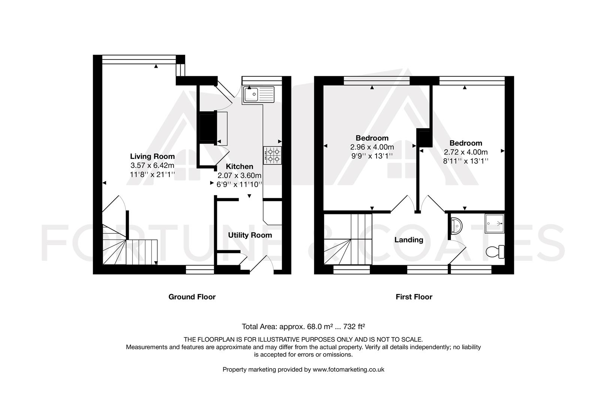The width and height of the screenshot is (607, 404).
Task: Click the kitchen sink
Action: click(259, 94)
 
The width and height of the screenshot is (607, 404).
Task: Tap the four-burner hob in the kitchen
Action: click(272, 155)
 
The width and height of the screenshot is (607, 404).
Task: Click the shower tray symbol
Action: click(495, 223)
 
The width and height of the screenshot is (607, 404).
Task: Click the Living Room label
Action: click(152, 156)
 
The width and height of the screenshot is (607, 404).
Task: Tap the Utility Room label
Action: click(250, 235)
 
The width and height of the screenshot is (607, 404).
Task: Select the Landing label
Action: click(408, 240)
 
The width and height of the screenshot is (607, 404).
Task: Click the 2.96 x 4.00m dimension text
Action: click(372, 147)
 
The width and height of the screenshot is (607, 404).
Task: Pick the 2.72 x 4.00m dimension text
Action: click(466, 152)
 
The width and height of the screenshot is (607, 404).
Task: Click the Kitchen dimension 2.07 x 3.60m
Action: click(239, 175)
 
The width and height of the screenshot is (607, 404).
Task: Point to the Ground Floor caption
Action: click(192, 297)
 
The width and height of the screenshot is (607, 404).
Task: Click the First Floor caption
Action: click(414, 297)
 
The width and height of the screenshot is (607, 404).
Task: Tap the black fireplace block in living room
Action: click(206, 127)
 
